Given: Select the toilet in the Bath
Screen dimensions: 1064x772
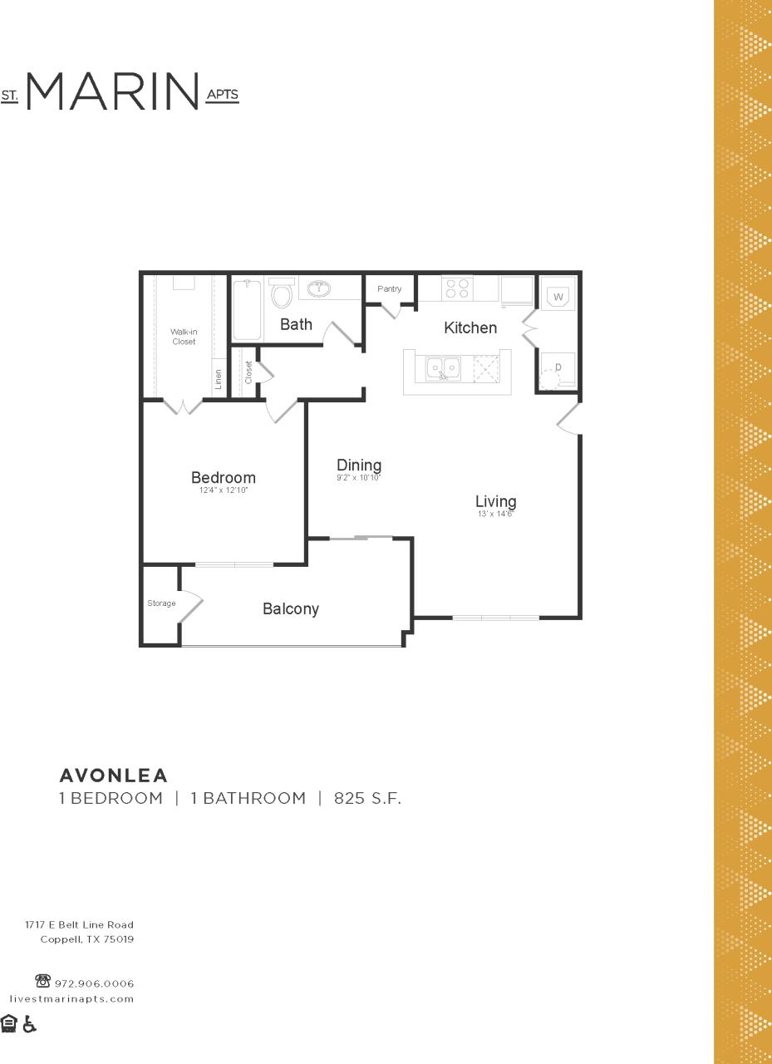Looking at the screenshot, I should [282, 294].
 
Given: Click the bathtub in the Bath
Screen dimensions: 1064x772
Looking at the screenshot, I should [247, 309].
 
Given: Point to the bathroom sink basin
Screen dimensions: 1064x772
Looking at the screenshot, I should [319, 289].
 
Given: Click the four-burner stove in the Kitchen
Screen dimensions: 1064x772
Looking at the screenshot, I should [457, 288].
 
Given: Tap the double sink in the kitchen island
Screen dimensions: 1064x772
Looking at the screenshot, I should [444, 367].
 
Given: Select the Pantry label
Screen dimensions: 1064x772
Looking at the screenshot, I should [389, 289].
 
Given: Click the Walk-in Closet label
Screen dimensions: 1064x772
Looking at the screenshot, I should [184, 337].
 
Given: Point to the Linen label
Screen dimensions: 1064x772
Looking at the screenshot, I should [219, 379].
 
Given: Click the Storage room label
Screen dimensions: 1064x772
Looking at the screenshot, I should [161, 603].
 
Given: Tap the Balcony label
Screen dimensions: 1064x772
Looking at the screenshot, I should [291, 609].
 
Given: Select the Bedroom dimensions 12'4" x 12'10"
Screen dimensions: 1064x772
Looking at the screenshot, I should [224, 491].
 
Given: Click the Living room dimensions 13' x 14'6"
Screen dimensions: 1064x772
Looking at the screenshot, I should [495, 515].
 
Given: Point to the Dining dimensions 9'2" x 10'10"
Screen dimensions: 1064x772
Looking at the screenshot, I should [358, 478].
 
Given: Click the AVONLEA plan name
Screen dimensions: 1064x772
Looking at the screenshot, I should [114, 776].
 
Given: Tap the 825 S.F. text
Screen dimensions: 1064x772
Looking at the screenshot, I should [367, 799].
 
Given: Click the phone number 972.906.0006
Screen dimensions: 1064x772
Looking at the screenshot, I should [94, 983].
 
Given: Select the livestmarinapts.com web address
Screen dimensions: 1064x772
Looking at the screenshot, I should [71, 999].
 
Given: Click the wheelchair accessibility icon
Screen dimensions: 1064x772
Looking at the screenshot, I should [30, 1024].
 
